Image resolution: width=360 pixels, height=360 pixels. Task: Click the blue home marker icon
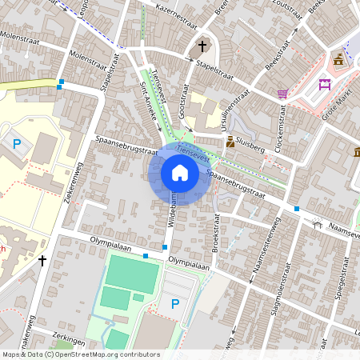(x=180, y=173)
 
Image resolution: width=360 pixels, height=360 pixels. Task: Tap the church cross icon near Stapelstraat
(x=202, y=46)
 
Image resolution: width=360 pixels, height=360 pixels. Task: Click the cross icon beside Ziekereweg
(x=42, y=260)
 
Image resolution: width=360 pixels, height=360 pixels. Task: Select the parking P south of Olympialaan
(x=174, y=303)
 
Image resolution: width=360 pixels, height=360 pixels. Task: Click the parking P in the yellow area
(x=18, y=144)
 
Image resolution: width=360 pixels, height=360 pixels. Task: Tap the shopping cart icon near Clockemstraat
(x=282, y=94)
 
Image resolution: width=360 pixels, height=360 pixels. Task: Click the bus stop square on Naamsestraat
(x=297, y=209)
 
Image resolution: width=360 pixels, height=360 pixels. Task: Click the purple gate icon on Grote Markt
(x=325, y=85)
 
